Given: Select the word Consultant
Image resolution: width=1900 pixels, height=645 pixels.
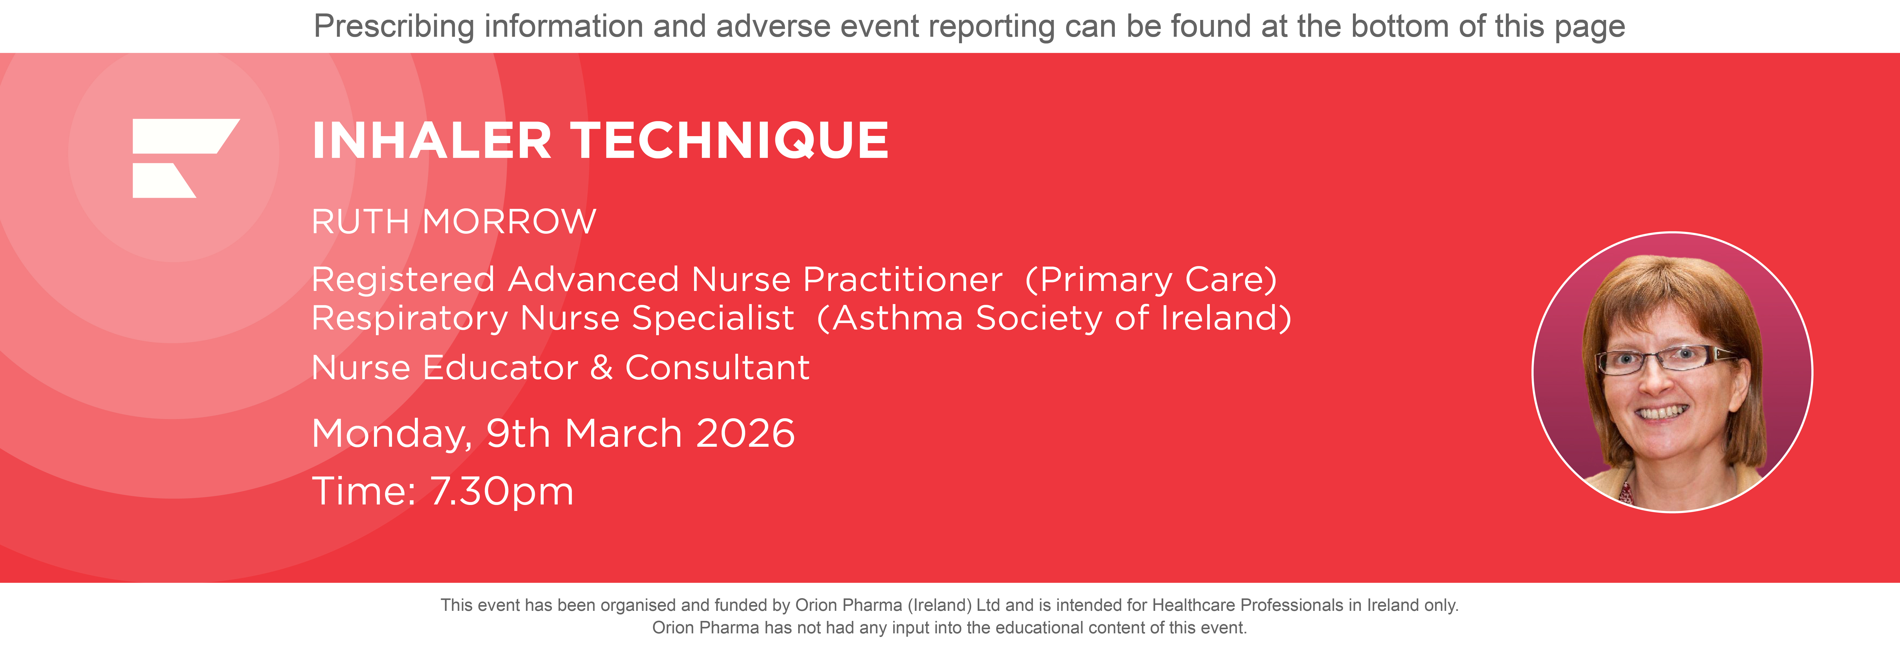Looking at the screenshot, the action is pyautogui.click(x=717, y=368).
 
